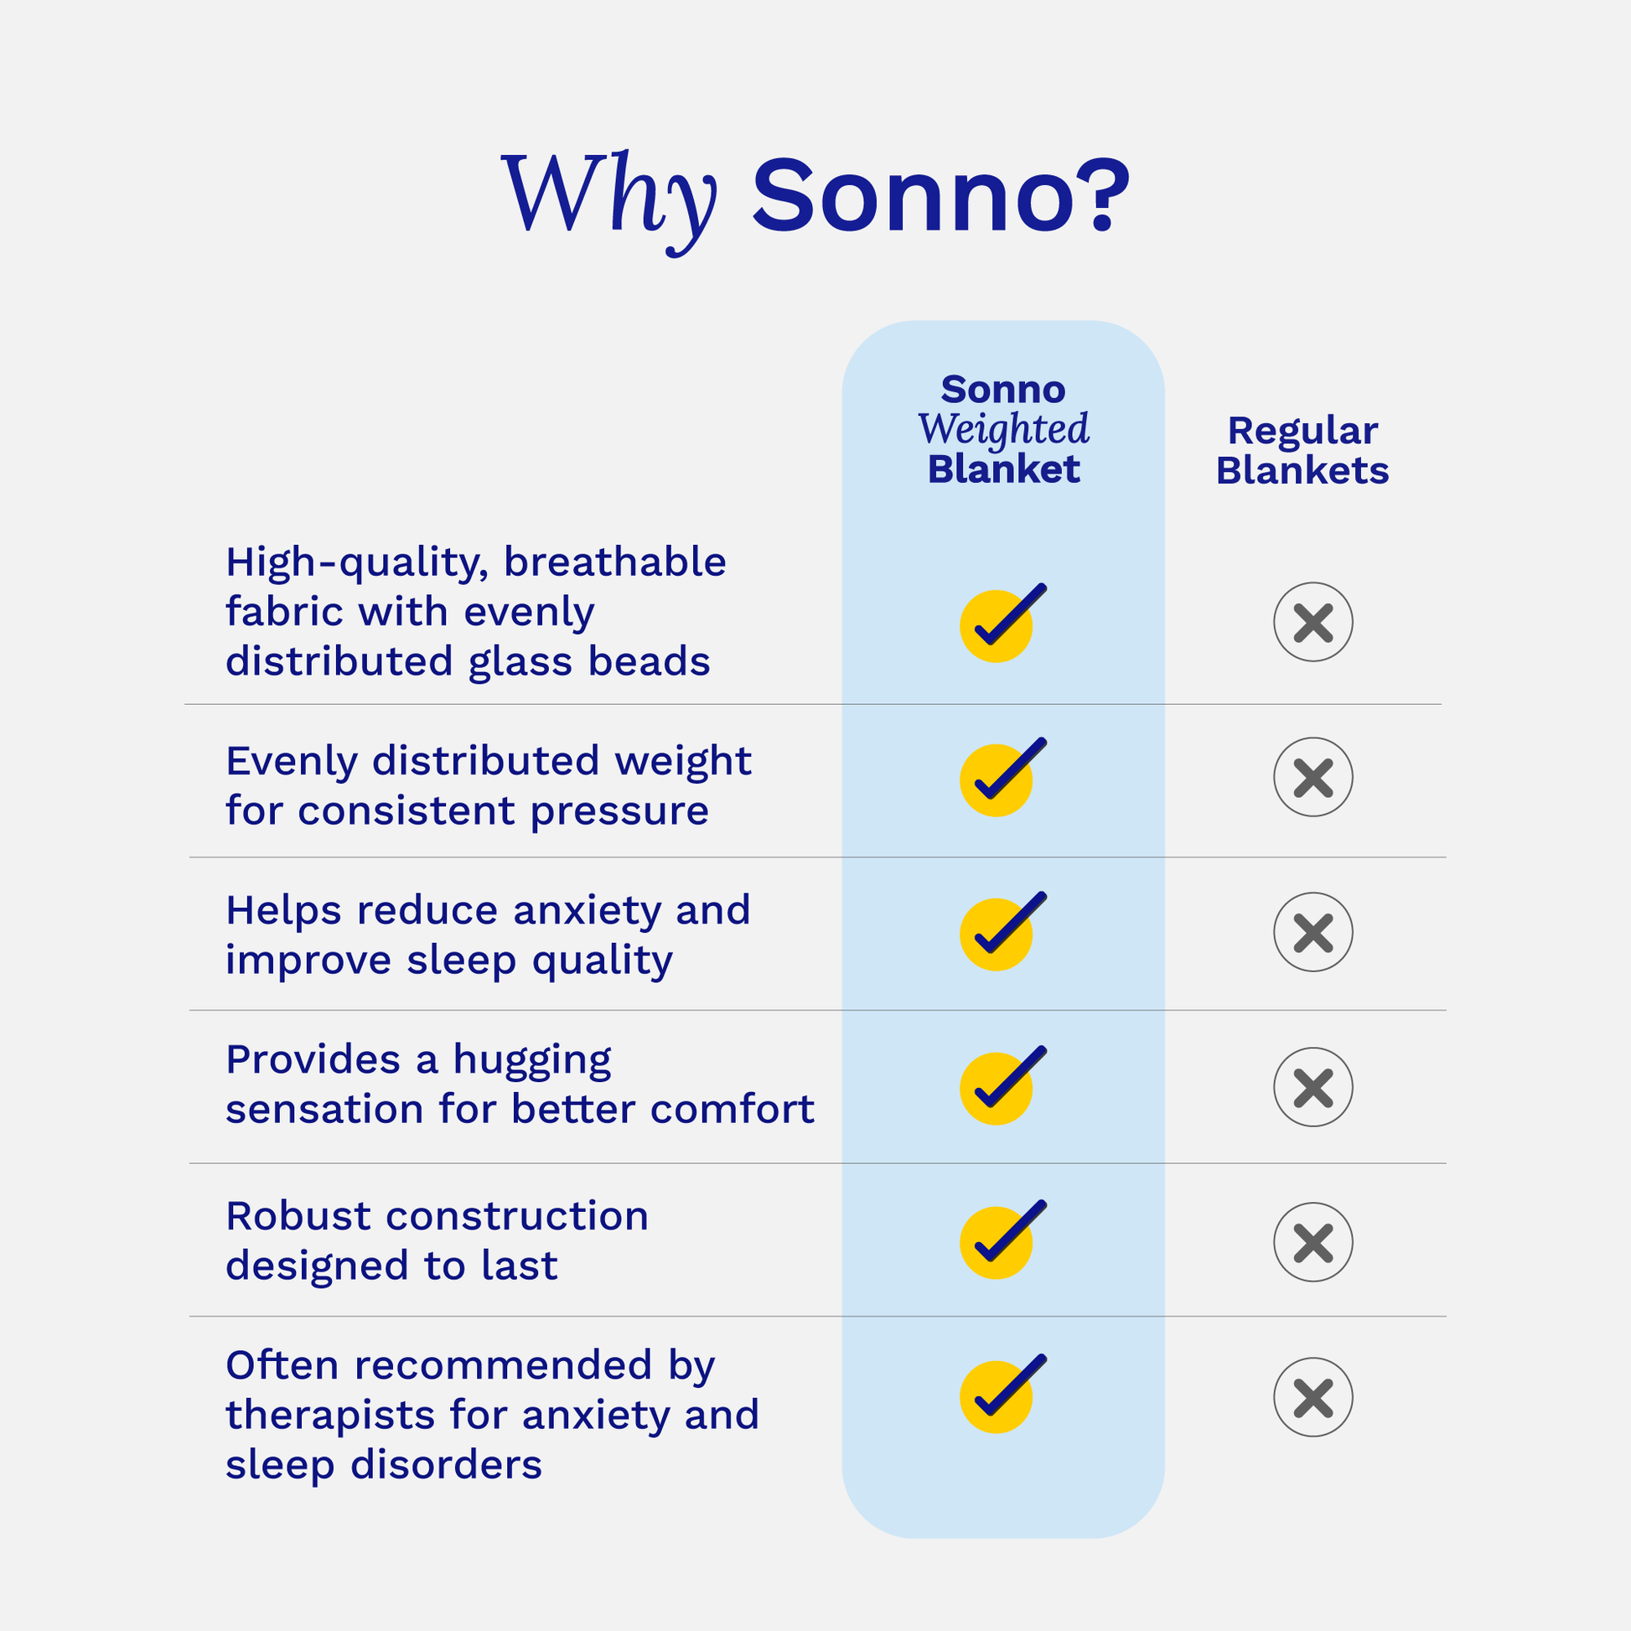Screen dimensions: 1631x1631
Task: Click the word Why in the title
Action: [608, 198]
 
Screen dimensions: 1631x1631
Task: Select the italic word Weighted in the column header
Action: [1003, 429]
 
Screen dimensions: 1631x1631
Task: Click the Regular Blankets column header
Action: [1302, 450]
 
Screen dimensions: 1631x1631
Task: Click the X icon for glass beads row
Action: [1313, 622]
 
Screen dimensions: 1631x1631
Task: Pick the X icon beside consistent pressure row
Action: [1313, 777]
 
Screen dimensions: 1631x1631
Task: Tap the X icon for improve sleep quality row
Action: [1313, 932]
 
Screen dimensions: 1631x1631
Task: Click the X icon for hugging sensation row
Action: [1313, 1087]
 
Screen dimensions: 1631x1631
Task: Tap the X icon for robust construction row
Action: [1313, 1242]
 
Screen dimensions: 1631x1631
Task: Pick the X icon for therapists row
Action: [1313, 1397]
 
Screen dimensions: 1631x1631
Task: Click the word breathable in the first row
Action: [614, 562]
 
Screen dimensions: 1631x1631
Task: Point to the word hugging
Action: [532, 1061]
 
